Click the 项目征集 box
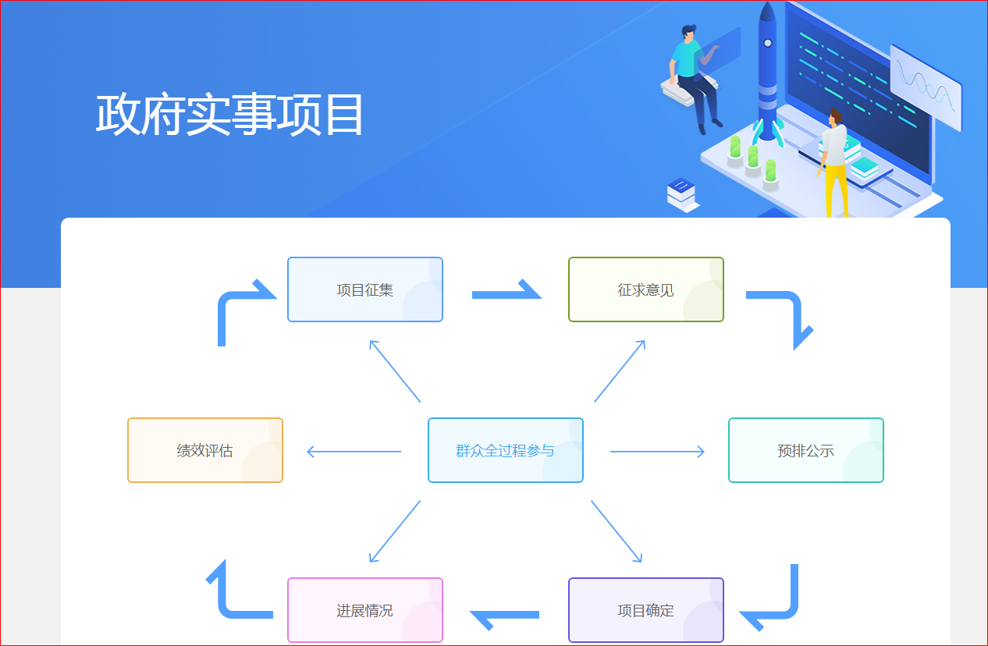point(365,289)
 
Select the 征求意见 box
point(646,289)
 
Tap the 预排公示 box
point(806,450)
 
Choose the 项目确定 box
point(646,610)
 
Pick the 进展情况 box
point(365,610)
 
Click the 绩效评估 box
point(205,450)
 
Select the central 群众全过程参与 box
point(506,450)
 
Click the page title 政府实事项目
point(230,115)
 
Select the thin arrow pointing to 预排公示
point(657,451)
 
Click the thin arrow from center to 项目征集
point(395,371)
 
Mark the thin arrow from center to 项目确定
point(617,531)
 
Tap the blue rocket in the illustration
point(768,70)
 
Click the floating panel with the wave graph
point(926,87)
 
